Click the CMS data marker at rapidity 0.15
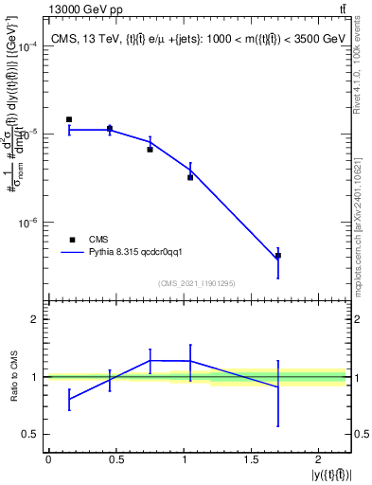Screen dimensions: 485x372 point(69,119)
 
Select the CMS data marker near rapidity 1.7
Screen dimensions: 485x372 point(278,256)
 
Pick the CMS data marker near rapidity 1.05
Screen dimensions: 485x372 point(190,177)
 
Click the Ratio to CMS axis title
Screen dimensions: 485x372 point(13,377)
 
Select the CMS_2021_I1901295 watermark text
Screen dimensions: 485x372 point(197,283)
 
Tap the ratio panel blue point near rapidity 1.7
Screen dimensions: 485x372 point(278,387)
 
